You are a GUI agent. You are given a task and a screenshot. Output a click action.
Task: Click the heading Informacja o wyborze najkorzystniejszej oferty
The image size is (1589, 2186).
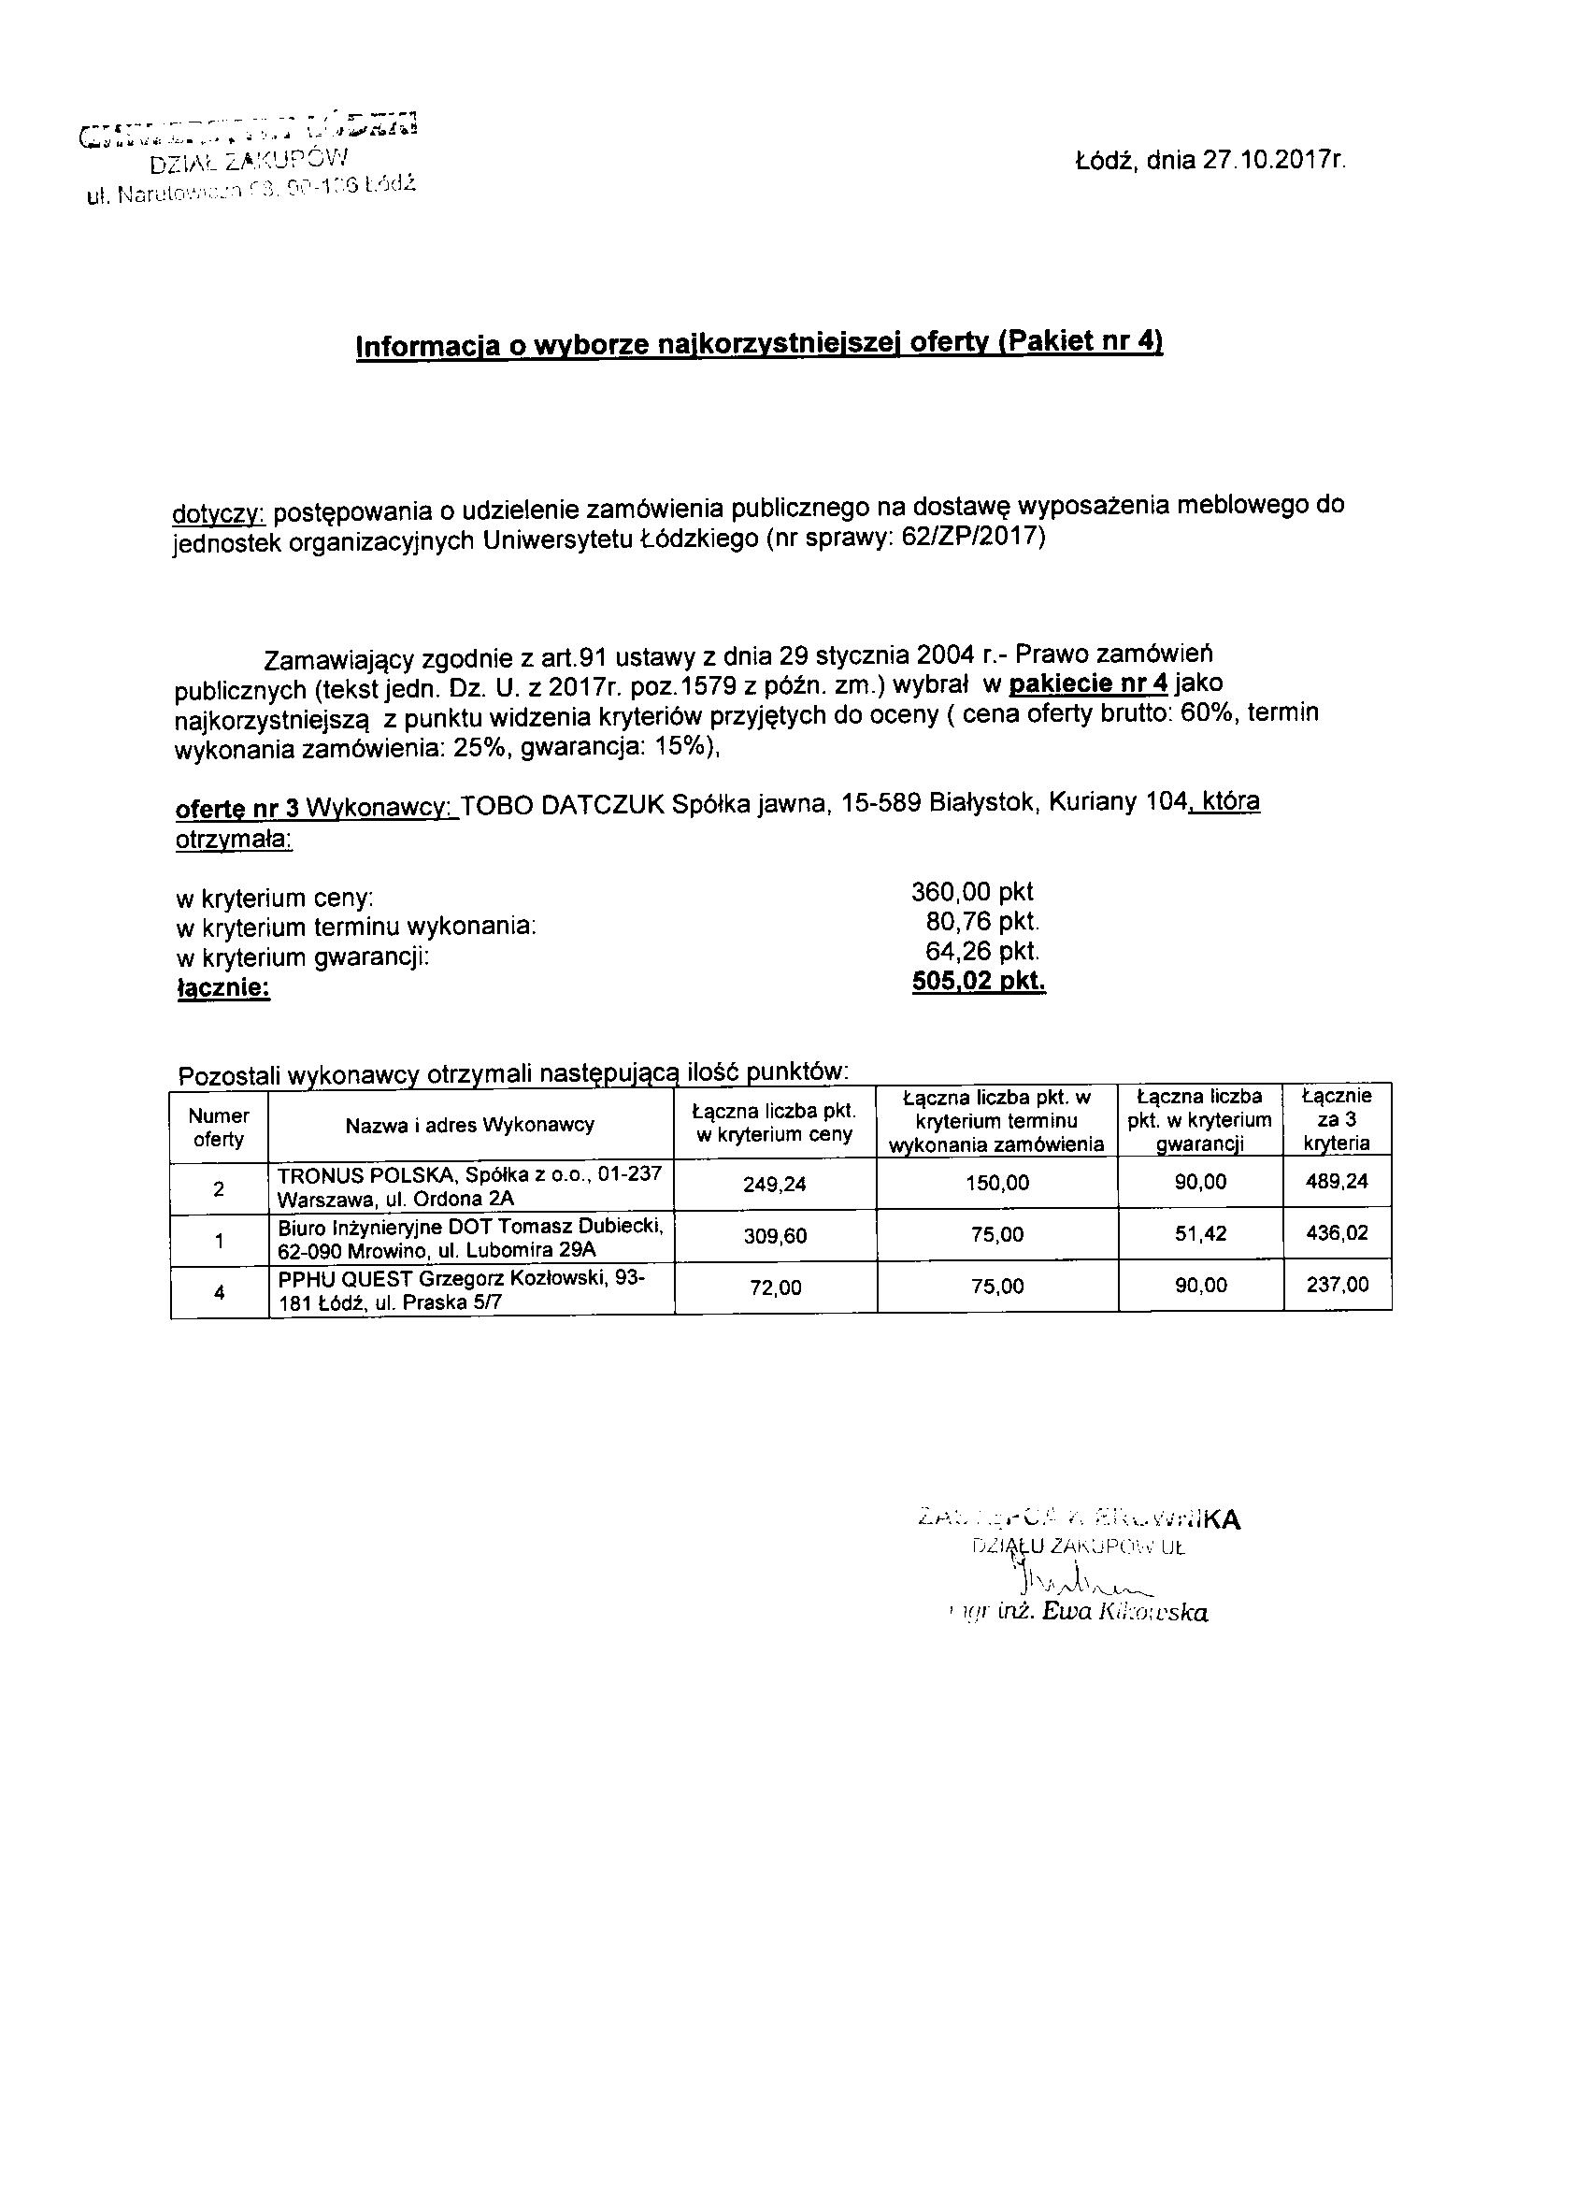[x=759, y=344]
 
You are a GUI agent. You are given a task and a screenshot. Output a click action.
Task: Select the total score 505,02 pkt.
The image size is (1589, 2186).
[x=978, y=982]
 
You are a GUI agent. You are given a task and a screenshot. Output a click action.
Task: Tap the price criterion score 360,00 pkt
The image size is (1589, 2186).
[x=971, y=893]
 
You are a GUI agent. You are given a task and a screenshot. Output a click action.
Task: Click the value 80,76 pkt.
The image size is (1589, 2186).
[x=982, y=923]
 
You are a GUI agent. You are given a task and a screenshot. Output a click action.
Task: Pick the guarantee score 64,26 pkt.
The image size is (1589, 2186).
[x=982, y=952]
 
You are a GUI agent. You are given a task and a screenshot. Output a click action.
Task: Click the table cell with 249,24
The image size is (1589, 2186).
[x=775, y=1184]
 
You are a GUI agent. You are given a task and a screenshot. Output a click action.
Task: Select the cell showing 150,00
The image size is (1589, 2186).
[x=997, y=1184]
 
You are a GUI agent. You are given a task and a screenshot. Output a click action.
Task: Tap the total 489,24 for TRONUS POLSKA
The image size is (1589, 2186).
[x=1337, y=1182]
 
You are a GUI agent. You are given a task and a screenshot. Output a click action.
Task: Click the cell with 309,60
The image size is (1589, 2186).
[x=775, y=1236]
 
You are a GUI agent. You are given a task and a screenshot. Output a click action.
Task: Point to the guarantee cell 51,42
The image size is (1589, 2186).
[x=1201, y=1234]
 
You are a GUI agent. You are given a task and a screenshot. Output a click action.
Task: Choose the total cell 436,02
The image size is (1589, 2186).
[x=1337, y=1232]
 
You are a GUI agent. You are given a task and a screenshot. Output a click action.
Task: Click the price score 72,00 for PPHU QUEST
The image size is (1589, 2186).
[x=775, y=1287]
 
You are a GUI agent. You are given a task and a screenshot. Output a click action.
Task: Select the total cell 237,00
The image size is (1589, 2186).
[x=1337, y=1286]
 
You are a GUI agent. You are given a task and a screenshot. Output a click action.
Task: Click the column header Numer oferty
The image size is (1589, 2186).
[x=219, y=1128]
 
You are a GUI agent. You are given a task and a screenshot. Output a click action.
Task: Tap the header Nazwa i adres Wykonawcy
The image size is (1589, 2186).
[x=470, y=1125]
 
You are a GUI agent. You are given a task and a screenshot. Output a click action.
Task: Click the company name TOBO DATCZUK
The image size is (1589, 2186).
[x=564, y=803]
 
